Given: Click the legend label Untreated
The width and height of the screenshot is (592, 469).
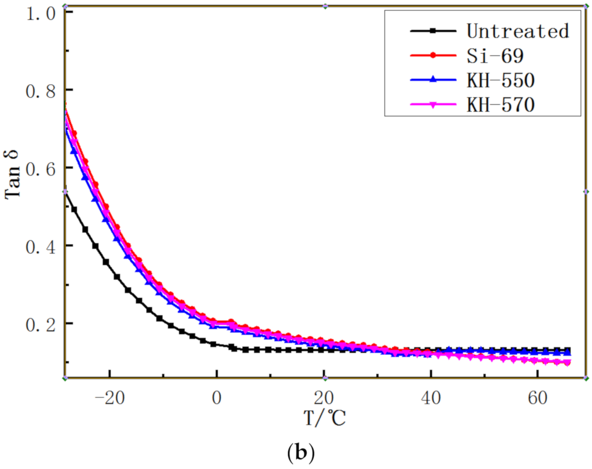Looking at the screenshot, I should pos(518,31).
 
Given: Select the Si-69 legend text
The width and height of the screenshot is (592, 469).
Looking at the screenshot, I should pos(495,56).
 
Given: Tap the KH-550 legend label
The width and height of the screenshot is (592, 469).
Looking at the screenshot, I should pos(500,80).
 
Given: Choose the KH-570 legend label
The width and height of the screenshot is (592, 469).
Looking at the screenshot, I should pos(500,105).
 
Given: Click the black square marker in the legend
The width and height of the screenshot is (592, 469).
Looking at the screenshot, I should pos(433,31).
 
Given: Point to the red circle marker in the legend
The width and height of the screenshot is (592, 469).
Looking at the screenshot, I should pos(433,55).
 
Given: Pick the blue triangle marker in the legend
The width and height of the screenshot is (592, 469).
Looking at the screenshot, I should pos(433,80).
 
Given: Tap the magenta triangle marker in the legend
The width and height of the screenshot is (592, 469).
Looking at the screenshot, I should pos(433,105).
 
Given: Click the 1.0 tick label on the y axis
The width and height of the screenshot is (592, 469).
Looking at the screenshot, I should pos(41,14).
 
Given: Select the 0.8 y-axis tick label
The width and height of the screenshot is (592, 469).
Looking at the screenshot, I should pos(41,91).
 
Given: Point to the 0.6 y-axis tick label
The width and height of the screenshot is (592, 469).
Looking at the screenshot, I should pos(41,169).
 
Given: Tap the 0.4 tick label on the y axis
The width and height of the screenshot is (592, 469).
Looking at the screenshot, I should pos(41,247).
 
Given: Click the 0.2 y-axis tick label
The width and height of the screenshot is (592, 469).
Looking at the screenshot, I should pos(41,325).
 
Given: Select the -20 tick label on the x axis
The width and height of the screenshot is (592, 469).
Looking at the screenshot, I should pos(110,398).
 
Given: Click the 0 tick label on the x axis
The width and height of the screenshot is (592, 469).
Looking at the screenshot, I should pos(217,398).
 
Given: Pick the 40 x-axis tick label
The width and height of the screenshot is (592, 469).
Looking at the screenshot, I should pos(430,398).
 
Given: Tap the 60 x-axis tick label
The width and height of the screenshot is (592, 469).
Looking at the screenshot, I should pos(537,398).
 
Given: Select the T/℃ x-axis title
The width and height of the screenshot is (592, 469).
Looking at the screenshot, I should pos(325,418).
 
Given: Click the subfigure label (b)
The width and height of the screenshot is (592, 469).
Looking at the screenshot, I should pos(301,453).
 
